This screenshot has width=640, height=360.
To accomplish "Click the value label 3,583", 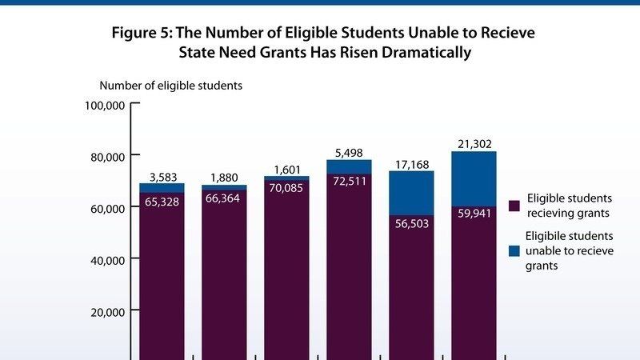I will click(162, 176).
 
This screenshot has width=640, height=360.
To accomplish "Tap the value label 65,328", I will click(162, 202).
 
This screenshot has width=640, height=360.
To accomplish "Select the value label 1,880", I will click(224, 178).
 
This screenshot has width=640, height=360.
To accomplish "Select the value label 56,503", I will click(411, 224).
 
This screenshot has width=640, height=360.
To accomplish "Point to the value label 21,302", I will click(474, 143).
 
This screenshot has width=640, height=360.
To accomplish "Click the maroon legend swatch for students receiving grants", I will click(514, 205).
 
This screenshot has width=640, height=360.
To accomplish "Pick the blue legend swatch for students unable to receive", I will click(514, 250).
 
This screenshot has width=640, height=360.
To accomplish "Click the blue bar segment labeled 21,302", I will click(474, 178).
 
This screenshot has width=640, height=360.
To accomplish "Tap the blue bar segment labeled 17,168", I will click(411, 192).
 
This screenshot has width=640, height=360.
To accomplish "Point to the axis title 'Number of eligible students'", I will click(170, 85).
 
